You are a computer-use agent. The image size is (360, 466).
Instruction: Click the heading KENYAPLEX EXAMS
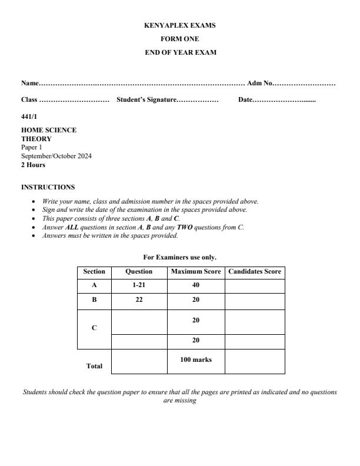180,26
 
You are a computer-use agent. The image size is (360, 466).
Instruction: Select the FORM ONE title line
180,39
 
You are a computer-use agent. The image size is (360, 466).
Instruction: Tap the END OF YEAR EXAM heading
180,53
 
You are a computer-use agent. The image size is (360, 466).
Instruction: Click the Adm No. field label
259,84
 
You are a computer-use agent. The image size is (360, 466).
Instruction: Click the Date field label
245,101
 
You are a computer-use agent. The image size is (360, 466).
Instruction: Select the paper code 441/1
29,117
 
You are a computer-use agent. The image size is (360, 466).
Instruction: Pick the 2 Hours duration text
33,165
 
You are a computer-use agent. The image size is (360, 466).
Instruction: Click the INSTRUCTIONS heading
48,187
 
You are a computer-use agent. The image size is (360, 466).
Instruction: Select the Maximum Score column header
196,272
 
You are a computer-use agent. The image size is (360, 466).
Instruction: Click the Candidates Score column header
255,272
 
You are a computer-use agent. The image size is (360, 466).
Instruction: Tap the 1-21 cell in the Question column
139,285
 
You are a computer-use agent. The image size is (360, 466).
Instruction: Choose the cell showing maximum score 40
196,285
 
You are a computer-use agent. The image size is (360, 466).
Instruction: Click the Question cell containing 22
139,299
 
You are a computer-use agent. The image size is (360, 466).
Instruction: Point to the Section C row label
94,328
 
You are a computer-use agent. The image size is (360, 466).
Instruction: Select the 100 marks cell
196,360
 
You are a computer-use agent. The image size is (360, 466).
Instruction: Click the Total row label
94,366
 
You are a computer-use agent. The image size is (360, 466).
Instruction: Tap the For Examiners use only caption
180,257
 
